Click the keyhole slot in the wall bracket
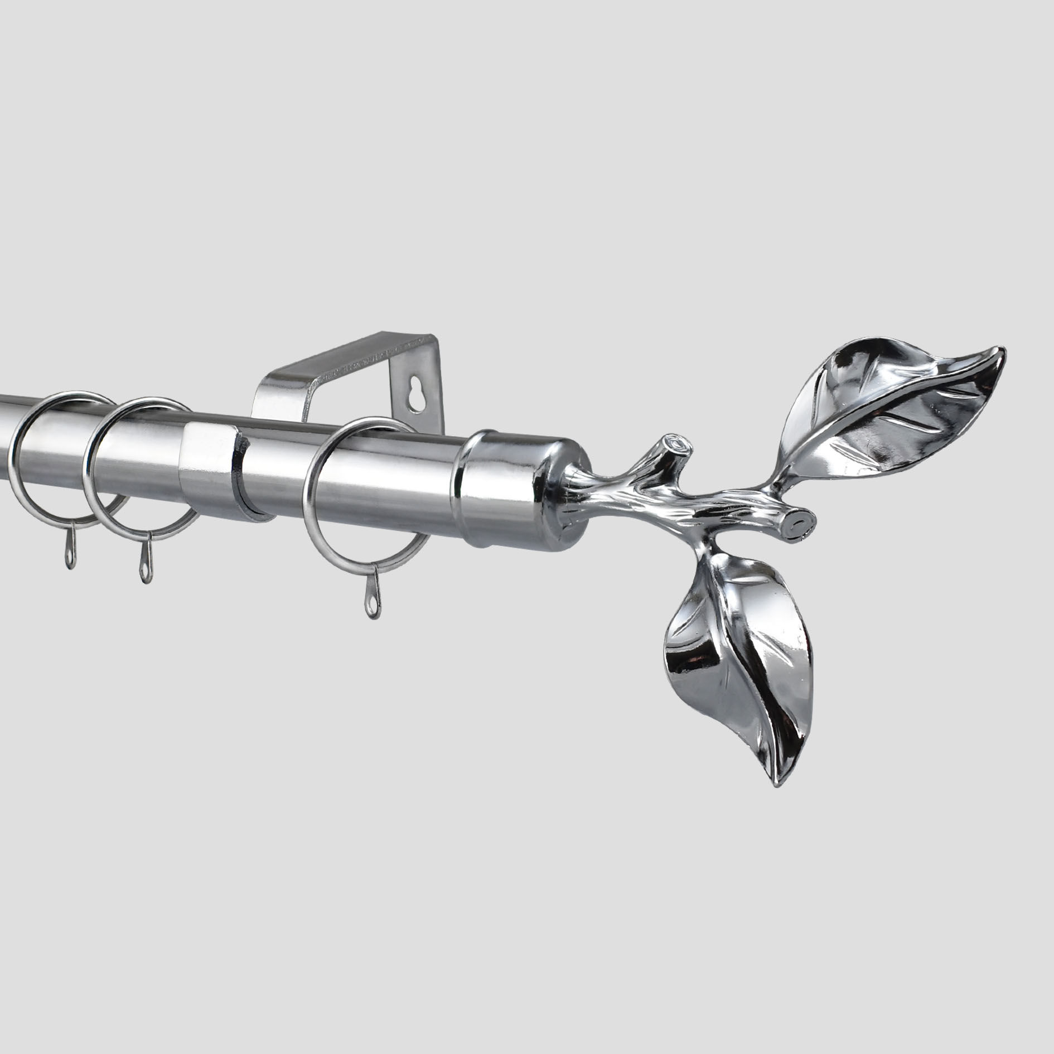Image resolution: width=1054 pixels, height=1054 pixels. tap(414, 400)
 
